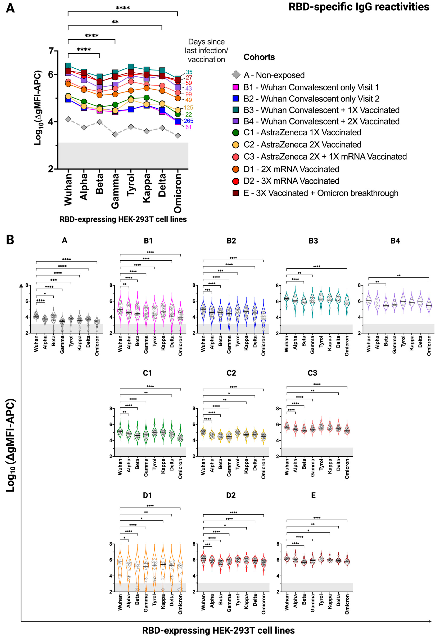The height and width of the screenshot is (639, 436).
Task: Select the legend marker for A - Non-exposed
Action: tap(236, 75)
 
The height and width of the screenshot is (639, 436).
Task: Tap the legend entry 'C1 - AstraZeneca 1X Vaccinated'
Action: tap(302, 133)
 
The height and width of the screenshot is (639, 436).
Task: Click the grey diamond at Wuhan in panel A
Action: tap(68, 119)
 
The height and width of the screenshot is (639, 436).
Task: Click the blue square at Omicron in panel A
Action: tap(178, 121)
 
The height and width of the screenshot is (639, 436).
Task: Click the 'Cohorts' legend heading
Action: tap(259, 57)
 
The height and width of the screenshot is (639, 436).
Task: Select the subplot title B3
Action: tap(313, 241)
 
